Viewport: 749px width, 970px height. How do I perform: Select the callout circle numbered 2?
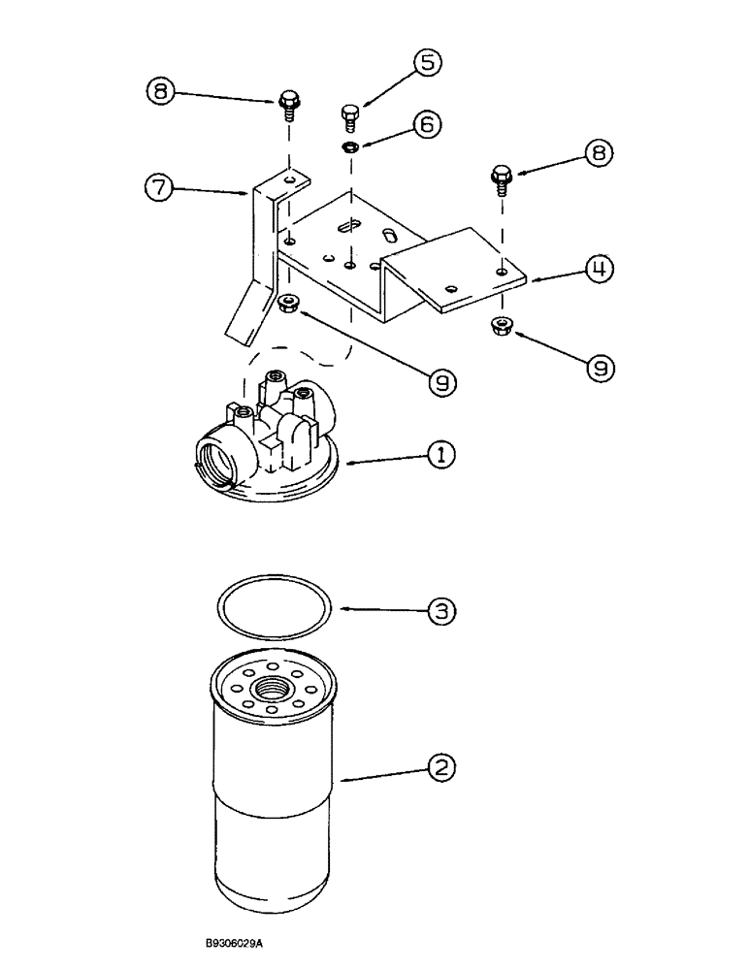pos(441,769)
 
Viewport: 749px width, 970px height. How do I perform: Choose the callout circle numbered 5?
pos(427,63)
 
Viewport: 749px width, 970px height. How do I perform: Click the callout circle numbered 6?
pos(428,124)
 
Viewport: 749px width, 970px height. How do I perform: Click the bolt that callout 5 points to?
pos(351,117)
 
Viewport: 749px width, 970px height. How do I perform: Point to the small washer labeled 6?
pos(351,146)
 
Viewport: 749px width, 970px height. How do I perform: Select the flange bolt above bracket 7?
pos(288,104)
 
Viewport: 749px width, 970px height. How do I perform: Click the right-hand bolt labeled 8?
pos(502,179)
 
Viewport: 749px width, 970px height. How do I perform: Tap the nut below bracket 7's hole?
pos(288,305)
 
